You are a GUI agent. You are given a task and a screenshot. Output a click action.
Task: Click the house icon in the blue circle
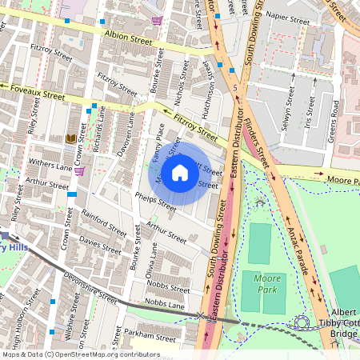[x=180, y=173]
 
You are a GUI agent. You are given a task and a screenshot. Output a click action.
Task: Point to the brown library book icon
[x=71, y=139]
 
